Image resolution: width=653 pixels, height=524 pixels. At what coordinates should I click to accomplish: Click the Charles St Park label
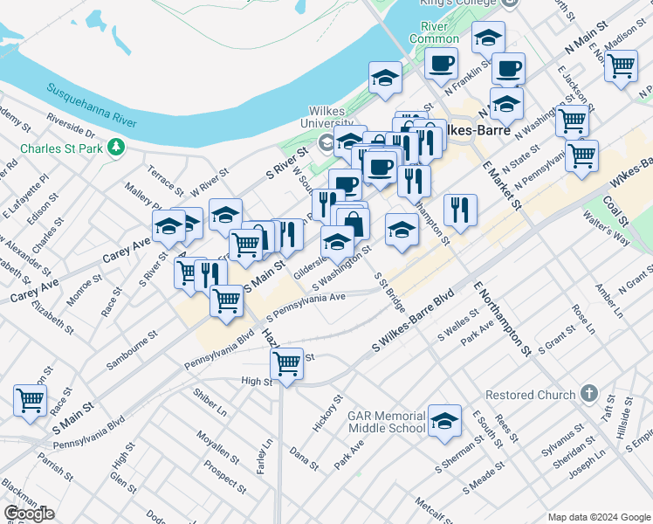tap(60, 148)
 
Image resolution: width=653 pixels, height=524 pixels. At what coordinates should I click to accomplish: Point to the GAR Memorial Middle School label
tap(387, 422)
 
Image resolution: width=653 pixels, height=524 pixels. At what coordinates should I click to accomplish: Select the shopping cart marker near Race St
tap(30, 400)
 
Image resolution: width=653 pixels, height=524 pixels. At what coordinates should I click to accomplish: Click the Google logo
tap(29, 514)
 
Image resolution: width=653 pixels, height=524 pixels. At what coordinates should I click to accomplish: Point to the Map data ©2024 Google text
tap(598, 516)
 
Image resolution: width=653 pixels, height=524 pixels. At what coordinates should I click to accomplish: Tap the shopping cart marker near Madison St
tap(621, 65)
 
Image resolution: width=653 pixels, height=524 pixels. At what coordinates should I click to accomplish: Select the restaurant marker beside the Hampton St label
tap(459, 210)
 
